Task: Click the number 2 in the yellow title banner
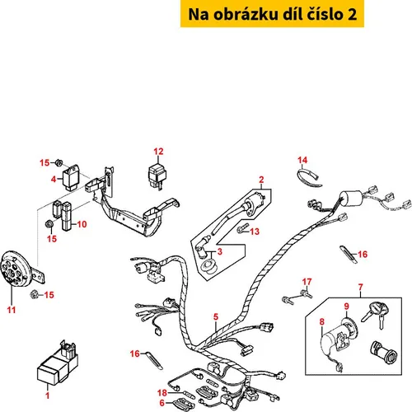352,14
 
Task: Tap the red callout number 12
158,152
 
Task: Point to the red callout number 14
302,160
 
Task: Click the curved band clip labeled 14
309,178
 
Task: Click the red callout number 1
48,396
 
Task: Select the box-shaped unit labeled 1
58,363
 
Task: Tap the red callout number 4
54,180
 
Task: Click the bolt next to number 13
242,229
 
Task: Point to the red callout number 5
216,316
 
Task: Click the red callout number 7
361,288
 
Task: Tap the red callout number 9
347,307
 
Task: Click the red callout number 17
307,282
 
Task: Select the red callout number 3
220,251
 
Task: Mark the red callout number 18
162,393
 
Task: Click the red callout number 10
82,224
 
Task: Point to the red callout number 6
162,403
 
